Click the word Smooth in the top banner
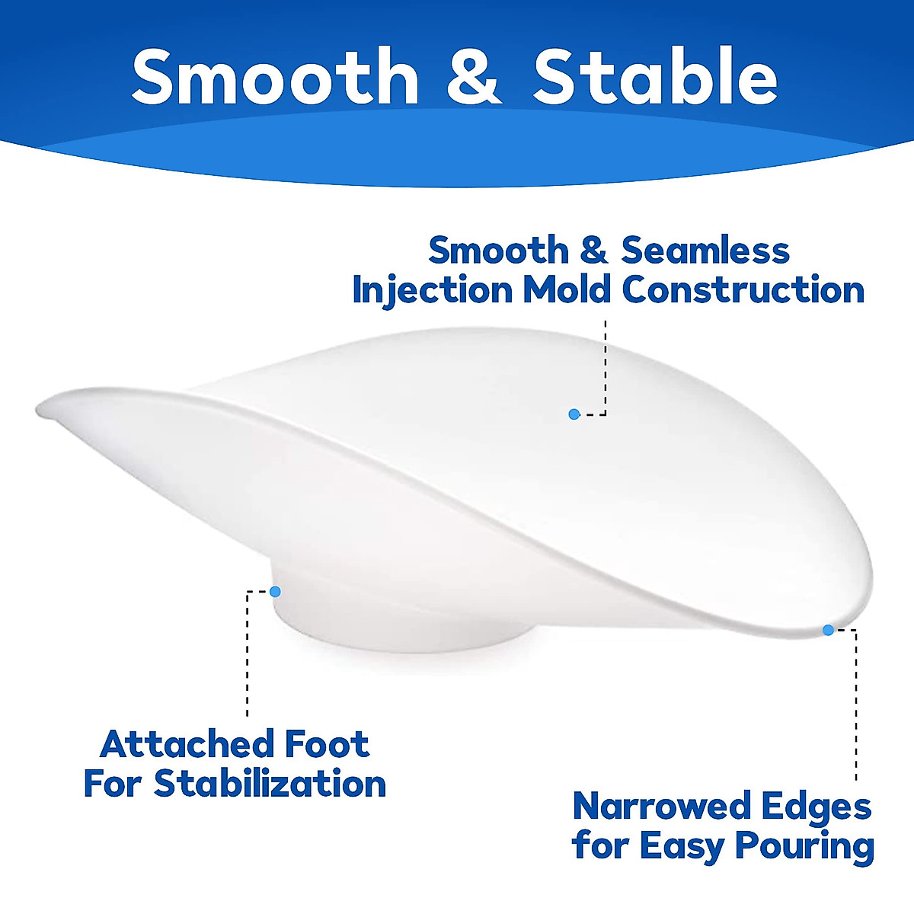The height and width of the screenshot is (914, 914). (275, 76)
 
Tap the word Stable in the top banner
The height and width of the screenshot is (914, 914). (655, 76)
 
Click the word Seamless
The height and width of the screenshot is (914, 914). (705, 251)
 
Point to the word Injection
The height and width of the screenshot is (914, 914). (433, 289)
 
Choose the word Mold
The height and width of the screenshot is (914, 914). (567, 289)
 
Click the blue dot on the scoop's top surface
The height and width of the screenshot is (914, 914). (574, 414)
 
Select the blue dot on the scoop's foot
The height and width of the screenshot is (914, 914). (275, 592)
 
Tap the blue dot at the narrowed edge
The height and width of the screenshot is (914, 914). (828, 630)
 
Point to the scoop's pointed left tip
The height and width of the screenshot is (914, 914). (38, 408)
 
